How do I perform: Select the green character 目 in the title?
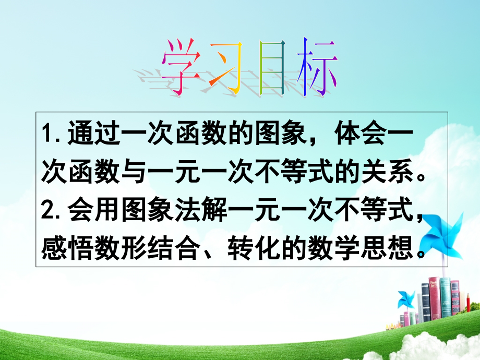(272, 73)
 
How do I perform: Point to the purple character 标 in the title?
(315, 73)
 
